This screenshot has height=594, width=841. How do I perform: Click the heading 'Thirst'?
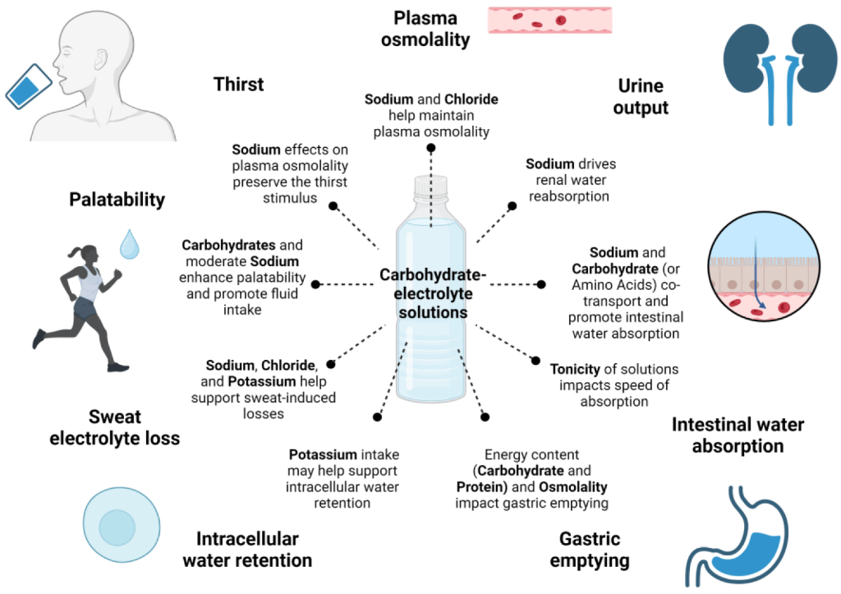[239, 85]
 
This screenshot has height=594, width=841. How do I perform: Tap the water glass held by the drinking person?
[29, 86]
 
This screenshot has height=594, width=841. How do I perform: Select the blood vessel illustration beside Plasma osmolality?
[549, 21]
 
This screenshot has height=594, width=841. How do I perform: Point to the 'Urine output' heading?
[641, 97]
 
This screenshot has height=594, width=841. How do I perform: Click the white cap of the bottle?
[430, 185]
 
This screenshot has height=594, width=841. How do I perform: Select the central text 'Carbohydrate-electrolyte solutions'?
[433, 293]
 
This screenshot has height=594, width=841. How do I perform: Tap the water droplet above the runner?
[129, 244]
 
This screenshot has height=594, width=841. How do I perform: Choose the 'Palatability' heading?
[117, 200]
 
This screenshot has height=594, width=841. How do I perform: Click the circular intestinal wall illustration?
[764, 266]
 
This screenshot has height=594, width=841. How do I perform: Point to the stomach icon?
[737, 536]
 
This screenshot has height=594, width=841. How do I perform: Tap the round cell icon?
[122, 524]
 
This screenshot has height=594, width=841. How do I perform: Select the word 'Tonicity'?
[575, 369]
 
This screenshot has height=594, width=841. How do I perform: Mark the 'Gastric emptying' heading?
[590, 550]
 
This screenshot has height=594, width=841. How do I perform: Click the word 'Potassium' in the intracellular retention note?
[323, 454]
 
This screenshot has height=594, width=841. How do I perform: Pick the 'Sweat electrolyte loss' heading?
[115, 428]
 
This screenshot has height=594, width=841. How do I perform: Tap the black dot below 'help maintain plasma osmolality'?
[430, 148]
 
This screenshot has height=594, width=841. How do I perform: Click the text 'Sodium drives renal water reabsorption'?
[570, 180]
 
